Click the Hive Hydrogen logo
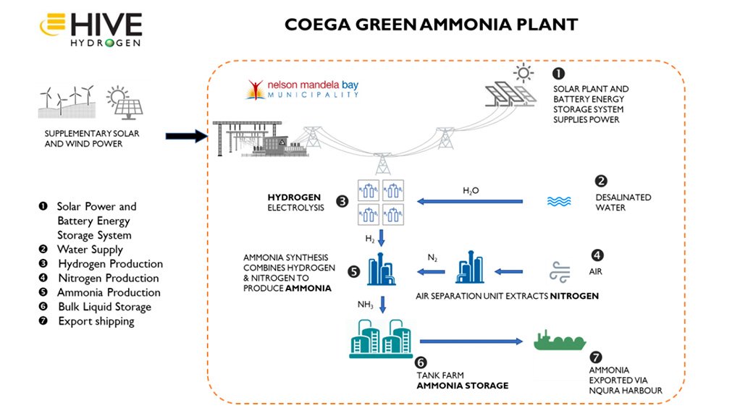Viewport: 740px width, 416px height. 91,27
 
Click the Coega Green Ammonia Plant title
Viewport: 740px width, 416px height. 431,25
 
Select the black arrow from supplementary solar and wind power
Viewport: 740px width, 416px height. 187,135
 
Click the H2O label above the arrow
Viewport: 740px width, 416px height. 471,191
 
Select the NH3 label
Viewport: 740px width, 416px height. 364,304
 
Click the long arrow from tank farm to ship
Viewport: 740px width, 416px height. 471,340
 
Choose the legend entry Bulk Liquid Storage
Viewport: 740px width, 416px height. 104,307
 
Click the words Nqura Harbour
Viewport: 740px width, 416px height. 626,391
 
